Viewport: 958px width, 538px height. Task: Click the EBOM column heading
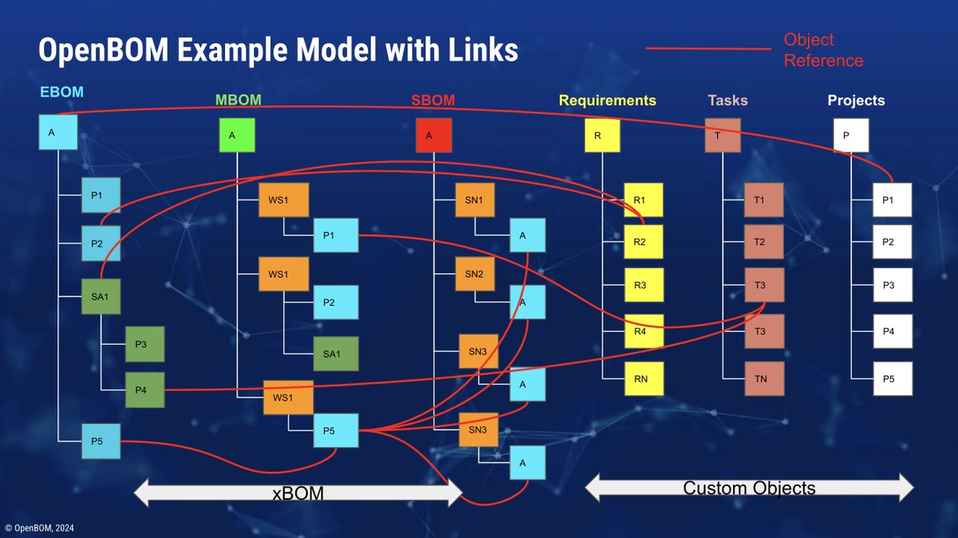61,92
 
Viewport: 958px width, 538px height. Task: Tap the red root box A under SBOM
434,136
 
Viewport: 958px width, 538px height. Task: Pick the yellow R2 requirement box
643,240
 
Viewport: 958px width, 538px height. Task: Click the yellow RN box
643,378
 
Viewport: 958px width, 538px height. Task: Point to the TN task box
765,378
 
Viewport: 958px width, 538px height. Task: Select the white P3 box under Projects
892,285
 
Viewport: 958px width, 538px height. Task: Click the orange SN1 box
474,200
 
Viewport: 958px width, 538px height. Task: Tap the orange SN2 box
474,274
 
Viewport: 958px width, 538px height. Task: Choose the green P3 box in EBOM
144,344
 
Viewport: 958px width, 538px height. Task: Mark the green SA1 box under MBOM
335,354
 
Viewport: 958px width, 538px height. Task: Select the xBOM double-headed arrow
299,492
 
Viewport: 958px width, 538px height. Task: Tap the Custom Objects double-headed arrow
749,487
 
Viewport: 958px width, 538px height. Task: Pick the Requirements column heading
608,101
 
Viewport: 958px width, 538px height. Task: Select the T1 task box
765,200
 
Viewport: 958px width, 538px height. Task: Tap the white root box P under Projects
850,136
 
